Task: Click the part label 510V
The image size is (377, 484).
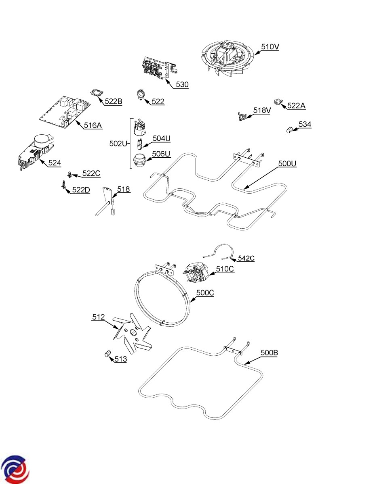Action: coord(270,47)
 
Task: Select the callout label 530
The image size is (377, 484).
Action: coord(182,85)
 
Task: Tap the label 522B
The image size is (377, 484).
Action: coord(113,101)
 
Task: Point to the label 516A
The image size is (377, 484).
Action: coord(93,125)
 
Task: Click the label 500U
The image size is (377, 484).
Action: coord(287,164)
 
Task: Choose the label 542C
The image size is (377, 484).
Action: coord(246,258)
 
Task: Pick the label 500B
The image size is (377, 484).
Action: coord(269,353)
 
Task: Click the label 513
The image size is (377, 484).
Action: coord(120,359)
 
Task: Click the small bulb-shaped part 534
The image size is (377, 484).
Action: coord(290,130)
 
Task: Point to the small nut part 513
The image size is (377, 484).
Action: coord(107,354)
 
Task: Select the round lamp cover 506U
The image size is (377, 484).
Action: coord(139,160)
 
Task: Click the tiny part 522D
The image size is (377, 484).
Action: coord(63,185)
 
